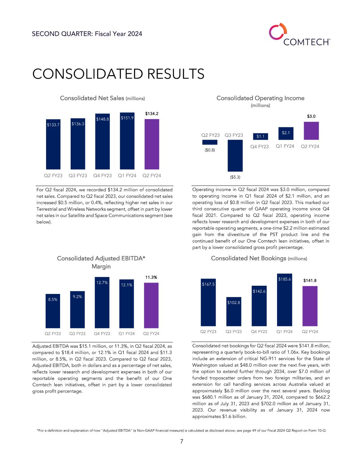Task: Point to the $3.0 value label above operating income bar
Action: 311,116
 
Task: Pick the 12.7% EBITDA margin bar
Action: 102,302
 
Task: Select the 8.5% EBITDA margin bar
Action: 53,311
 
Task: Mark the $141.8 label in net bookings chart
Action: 310,281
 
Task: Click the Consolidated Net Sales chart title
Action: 102,98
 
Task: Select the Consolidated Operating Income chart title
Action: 260,98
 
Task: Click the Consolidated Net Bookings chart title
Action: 259,258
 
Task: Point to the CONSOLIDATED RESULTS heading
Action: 118,74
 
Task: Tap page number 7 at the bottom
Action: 182,441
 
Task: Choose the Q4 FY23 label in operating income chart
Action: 260,147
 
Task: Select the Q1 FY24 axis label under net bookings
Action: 285,331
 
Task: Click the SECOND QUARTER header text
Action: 87,34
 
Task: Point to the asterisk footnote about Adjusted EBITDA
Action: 181,431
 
